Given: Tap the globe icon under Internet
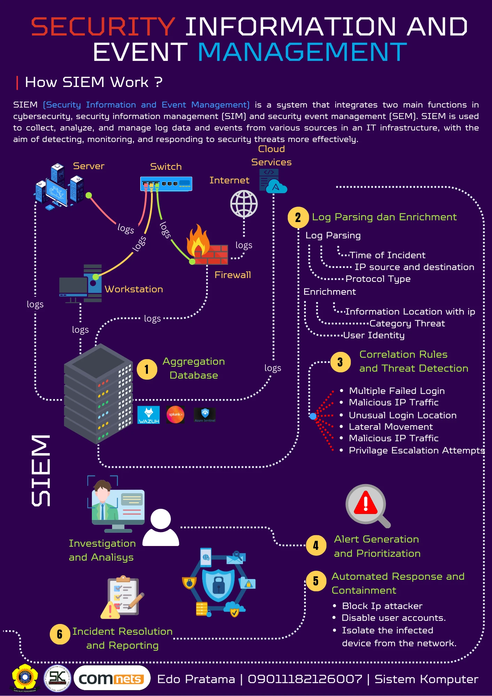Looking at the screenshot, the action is click(244, 204).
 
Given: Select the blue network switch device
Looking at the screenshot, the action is click(166, 184).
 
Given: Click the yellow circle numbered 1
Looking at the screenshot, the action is click(147, 369).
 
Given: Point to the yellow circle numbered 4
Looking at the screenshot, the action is click(316, 545).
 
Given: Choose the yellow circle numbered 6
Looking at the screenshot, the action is click(60, 634).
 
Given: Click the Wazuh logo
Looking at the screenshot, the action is click(149, 415).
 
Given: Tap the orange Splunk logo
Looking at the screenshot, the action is click(175, 414).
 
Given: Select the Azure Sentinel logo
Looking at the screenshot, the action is click(205, 415).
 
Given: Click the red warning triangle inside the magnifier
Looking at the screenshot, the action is click(366, 503).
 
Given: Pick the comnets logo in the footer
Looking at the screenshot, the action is click(112, 678).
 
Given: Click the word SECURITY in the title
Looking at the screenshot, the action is click(103, 27).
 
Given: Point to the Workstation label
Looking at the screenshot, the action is click(134, 289).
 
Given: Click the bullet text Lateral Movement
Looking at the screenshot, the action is click(391, 427).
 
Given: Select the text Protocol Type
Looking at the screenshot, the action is click(378, 279).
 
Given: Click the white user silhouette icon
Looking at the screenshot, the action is click(161, 527).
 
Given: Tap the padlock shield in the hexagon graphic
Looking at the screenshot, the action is click(219, 585).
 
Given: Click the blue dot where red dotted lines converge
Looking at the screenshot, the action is click(313, 416).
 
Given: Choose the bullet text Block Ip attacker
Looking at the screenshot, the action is click(382, 606).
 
